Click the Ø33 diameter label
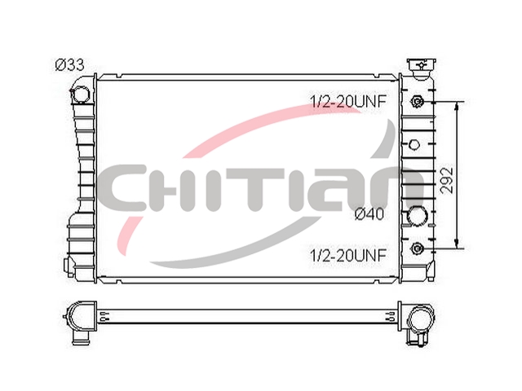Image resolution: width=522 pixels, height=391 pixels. tap(69, 65)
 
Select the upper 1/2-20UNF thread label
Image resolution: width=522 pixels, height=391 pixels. tap(348, 101)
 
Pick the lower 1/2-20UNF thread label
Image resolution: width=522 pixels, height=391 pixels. tap(348, 255)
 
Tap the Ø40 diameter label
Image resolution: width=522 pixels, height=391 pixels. tap(369, 214)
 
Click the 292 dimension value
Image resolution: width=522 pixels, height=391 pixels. tap(447, 180)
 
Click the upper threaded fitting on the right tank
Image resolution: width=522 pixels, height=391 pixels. tap(417, 101)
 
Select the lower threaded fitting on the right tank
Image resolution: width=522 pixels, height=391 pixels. tap(417, 248)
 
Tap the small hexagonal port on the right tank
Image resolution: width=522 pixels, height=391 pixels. tap(414, 145)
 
